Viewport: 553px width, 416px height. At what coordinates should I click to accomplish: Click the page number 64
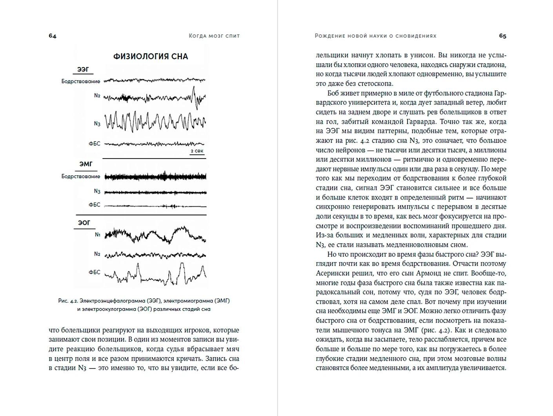click(x=53, y=36)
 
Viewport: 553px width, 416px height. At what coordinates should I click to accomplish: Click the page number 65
click(x=502, y=36)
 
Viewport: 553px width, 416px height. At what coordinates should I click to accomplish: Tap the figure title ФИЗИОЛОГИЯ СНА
click(x=151, y=57)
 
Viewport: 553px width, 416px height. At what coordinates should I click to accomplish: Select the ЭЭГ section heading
click(x=83, y=69)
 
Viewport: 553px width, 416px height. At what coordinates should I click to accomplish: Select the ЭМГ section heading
click(x=85, y=164)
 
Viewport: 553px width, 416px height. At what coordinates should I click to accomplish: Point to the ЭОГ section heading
click(x=84, y=223)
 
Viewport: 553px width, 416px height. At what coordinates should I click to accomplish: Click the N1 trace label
click(x=98, y=235)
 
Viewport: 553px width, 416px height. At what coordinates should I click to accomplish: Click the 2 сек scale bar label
click(x=197, y=151)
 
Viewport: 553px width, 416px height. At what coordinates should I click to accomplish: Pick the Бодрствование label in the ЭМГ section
click(x=81, y=177)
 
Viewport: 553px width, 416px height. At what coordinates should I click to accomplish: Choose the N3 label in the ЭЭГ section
click(x=97, y=124)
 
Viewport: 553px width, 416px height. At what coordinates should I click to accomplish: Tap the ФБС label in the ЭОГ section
click(x=95, y=272)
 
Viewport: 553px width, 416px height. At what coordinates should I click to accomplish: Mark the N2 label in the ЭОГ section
click(x=97, y=254)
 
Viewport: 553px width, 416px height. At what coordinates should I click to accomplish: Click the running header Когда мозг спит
click(x=214, y=36)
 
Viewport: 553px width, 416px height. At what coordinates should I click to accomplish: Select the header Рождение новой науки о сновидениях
click(x=375, y=36)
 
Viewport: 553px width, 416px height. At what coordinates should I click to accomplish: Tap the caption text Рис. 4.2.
click(x=68, y=301)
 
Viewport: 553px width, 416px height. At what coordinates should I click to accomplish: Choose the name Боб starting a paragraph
click(x=334, y=93)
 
